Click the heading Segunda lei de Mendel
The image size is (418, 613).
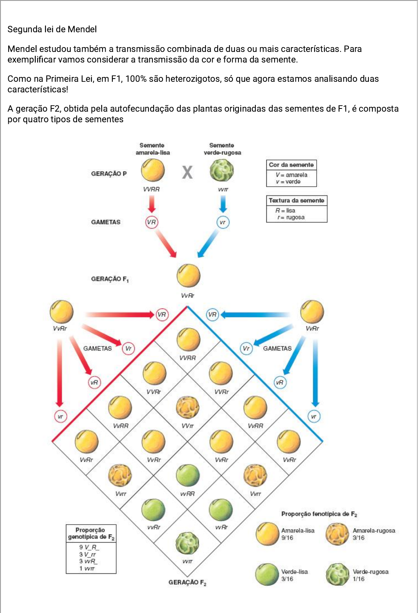pos(52,29)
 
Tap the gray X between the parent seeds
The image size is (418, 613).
pos(187,172)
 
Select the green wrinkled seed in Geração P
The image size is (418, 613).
pos(222,171)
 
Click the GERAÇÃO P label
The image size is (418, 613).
pos(109,174)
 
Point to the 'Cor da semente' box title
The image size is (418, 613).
pos(291,165)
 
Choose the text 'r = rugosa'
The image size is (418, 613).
pos(291,217)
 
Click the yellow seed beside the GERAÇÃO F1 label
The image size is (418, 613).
pos(188,276)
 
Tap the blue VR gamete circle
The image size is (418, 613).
pos(212,315)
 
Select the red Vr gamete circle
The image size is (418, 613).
pos(128,349)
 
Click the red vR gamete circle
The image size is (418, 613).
pos(94,382)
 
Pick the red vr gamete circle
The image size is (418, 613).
pos(60,417)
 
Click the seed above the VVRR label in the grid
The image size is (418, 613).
pos(188,340)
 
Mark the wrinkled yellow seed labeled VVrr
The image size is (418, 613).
pos(188,407)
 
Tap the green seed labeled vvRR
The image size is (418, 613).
pos(188,475)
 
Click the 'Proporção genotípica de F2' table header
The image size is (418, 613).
pos(91,534)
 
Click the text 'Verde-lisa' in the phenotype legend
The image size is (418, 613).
pos(294,572)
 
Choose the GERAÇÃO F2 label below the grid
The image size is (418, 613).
pos(187,582)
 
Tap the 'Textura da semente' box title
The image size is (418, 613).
pos(297,200)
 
